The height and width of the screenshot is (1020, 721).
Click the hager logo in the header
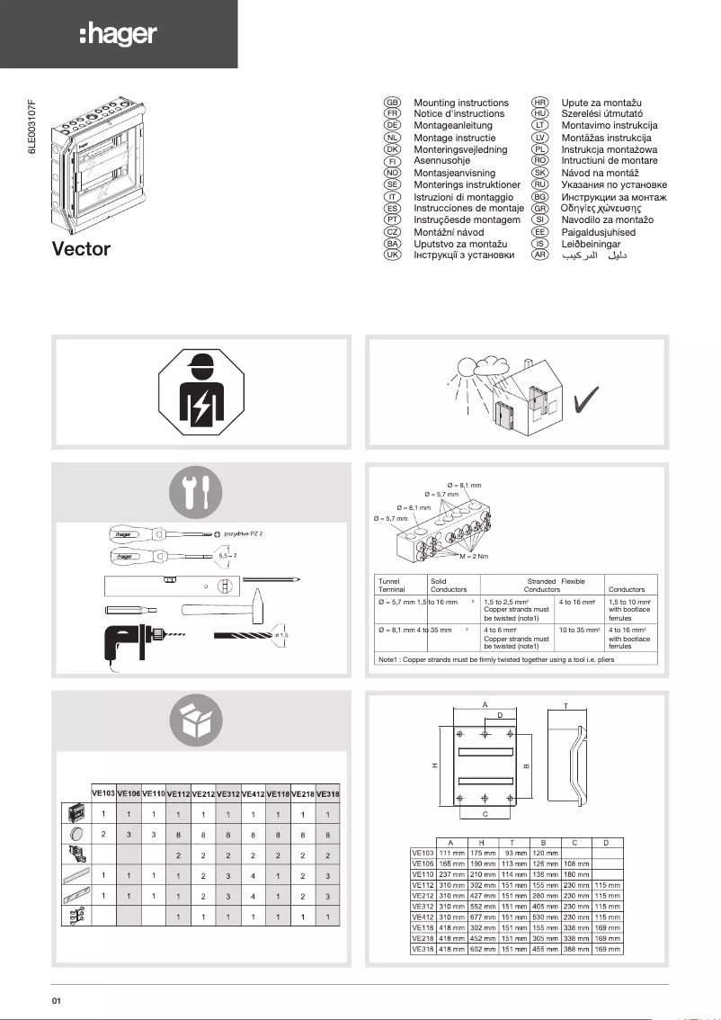[118, 35]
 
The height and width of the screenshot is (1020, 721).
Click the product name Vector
[81, 249]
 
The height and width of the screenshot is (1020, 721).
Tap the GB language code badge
[392, 103]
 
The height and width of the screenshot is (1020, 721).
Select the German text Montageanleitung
[453, 126]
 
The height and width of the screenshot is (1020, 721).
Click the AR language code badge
[540, 255]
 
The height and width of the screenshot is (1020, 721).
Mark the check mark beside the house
[591, 399]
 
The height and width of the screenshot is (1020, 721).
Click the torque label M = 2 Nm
[474, 558]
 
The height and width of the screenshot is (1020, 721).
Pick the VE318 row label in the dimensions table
[423, 949]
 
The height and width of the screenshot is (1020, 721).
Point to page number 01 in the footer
[57, 1001]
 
